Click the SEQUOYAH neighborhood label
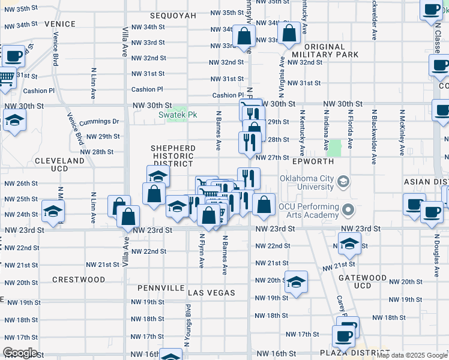pos(173,15)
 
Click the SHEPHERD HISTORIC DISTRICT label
pos(173,155)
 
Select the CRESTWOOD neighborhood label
pos(79,280)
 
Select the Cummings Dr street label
pos(99,121)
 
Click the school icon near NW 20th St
pos(296,281)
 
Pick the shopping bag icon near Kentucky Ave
pos(289,34)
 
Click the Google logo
pos(20,353)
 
